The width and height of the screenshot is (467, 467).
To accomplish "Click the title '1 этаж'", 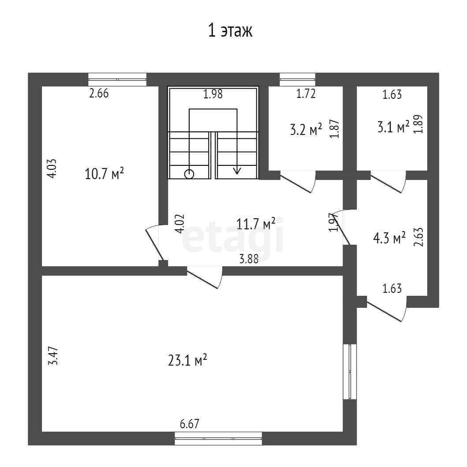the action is coord(230,31).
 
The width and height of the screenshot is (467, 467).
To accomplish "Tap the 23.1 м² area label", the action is coord(187,361).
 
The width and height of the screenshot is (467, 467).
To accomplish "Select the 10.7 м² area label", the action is coord(104,174).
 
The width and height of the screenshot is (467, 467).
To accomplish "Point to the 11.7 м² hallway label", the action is coord(256,224).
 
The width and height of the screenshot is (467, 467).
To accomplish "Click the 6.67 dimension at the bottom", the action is coord(190,424).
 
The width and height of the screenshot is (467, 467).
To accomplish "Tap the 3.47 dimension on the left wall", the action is coord(52,357).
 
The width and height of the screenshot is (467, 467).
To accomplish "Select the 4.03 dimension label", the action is coord(52,168).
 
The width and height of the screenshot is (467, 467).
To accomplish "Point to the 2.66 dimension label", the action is coord(99,93).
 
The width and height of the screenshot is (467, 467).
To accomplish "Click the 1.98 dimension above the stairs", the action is coord(213,94).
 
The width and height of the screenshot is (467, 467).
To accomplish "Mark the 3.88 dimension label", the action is coord(249,259).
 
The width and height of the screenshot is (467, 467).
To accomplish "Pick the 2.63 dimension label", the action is coord(419,238).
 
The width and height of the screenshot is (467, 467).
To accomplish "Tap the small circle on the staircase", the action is coord(189,174).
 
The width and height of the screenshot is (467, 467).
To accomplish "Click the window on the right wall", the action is coord(350,372).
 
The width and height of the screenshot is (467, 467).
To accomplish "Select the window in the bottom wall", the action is coord(218,439).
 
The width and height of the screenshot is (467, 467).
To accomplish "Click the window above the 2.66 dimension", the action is coord(117,79).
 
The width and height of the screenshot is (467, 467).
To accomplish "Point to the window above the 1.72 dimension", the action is coord(298,79).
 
